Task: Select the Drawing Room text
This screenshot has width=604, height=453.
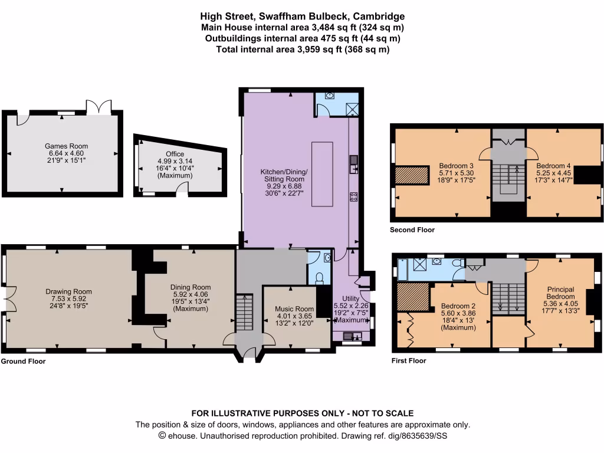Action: point(68,291)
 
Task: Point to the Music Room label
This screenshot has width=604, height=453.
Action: point(296,309)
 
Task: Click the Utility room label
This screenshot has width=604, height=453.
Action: point(352,299)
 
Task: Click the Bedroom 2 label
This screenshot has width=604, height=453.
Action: point(458,306)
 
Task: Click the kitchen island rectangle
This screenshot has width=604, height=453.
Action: point(323,174)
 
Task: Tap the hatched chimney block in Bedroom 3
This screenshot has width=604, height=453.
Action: point(411,176)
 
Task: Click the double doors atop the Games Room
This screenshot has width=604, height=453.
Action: point(98,108)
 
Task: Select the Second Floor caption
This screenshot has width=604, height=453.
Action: point(412,230)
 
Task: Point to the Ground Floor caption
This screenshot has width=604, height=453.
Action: point(23,362)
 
